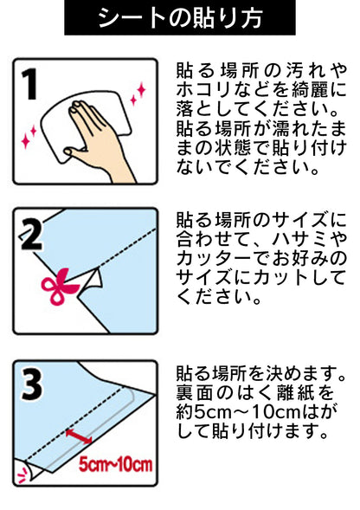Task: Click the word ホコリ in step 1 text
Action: point(202,88)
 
